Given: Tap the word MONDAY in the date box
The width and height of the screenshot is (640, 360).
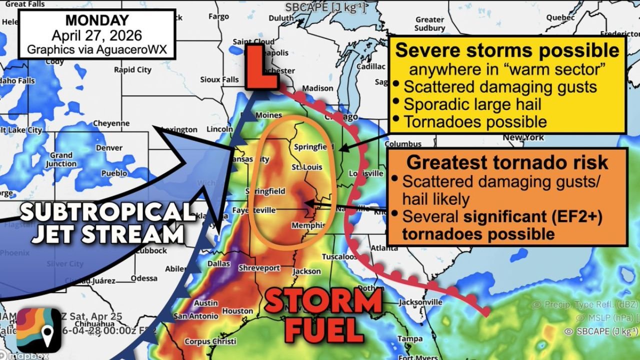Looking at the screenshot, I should coord(97,20).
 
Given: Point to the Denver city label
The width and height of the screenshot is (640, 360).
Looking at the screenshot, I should coord(109,148).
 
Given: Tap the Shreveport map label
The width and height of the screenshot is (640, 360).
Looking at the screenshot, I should coord(259,268).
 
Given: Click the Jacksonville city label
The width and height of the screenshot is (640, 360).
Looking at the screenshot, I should coord(420,302).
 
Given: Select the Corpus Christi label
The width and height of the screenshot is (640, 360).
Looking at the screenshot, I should coord(210,341).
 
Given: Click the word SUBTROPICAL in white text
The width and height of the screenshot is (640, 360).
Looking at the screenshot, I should coord(107,213).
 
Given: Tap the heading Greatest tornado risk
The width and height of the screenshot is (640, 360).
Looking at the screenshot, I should coord(507,162).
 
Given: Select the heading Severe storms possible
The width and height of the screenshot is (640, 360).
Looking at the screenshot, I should coord(507,50).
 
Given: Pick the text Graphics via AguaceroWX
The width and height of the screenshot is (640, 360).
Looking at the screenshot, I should coord(97,49).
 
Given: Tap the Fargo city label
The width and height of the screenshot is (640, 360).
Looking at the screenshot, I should coord(218,16).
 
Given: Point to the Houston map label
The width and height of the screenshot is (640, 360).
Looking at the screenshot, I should coord(237,311).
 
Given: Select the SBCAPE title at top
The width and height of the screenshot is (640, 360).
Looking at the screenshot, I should coord(325,7).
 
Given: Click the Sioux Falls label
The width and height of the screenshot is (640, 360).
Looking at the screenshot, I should coord(219,79).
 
